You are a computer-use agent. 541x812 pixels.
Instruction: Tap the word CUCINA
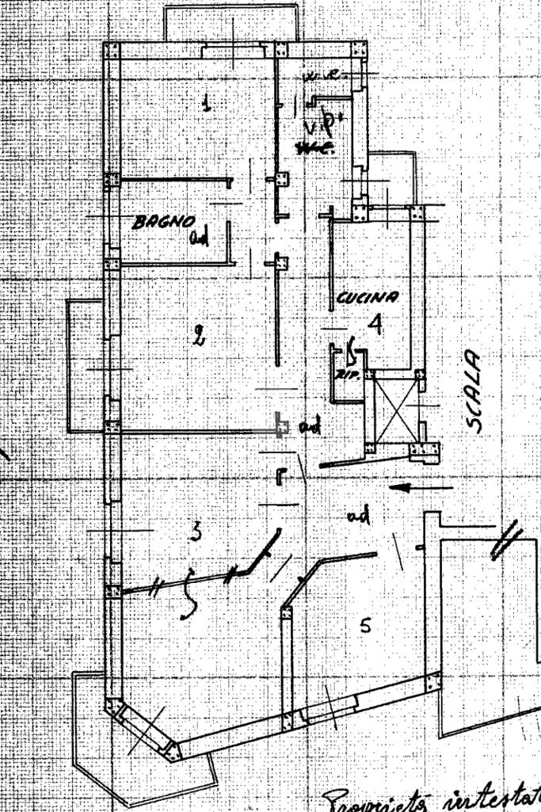[x=368, y=299]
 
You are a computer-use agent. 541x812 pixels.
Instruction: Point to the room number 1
[x=208, y=104]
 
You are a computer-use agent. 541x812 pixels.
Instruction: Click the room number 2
[x=198, y=337]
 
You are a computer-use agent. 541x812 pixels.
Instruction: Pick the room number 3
[x=196, y=531]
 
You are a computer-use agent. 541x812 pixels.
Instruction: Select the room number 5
[x=364, y=626]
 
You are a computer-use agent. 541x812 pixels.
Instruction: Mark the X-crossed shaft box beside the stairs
[x=396, y=412]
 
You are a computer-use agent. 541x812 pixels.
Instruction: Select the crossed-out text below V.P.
[x=314, y=149]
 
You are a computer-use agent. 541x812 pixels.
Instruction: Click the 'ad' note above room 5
[x=358, y=517]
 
